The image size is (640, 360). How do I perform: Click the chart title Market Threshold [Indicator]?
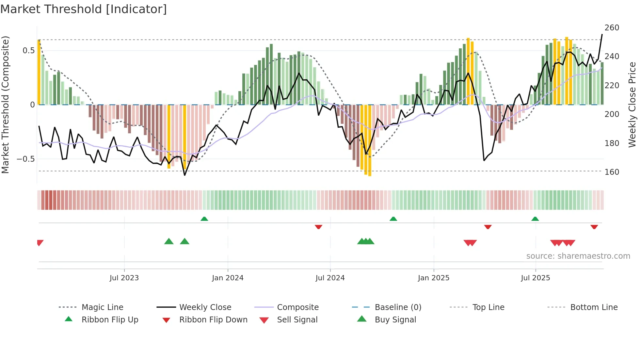pyautogui.click(x=84, y=9)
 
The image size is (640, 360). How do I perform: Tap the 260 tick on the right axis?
pyautogui.click(x=612, y=28)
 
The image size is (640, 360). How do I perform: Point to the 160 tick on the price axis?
pyautogui.click(x=612, y=172)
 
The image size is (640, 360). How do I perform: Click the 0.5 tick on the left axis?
pyautogui.click(x=28, y=51)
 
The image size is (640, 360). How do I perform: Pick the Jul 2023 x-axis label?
pyautogui.click(x=124, y=278)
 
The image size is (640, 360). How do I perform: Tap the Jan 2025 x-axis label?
pyautogui.click(x=433, y=278)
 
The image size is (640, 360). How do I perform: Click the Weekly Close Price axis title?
pyautogui.click(x=632, y=105)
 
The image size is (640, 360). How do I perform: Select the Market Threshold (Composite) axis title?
pyautogui.click(x=5, y=105)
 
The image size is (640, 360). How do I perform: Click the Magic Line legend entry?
pyautogui.click(x=102, y=307)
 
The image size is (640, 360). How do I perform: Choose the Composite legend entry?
pyautogui.click(x=297, y=307)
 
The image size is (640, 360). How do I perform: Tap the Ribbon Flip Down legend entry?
pyautogui.click(x=213, y=320)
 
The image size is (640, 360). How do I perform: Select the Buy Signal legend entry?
pyautogui.click(x=395, y=320)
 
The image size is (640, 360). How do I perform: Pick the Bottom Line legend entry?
pyautogui.click(x=594, y=307)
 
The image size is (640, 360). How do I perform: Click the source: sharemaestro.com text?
pyautogui.click(x=578, y=256)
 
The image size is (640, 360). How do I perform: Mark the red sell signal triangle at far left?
pyautogui.click(x=40, y=242)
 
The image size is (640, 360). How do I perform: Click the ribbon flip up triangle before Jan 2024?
pyautogui.click(x=204, y=219)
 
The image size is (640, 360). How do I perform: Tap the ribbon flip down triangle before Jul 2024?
pyautogui.click(x=318, y=227)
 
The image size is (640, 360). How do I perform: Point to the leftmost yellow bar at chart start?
pyautogui.click(x=39, y=72)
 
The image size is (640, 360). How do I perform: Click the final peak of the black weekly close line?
pyautogui.click(x=602, y=34)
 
